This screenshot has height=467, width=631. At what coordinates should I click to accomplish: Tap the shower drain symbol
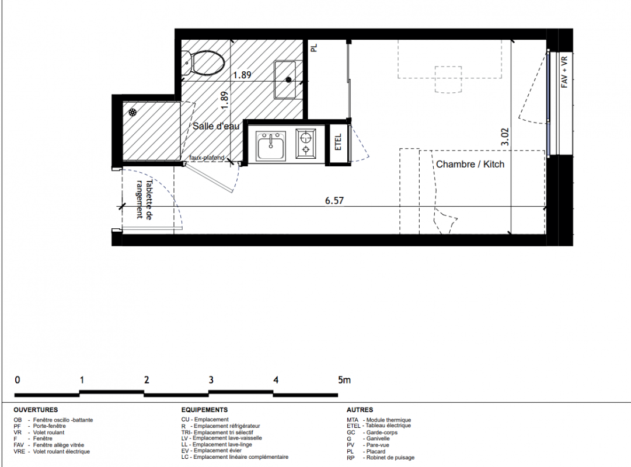(x=133, y=113)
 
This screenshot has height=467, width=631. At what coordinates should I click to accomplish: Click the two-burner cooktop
(x=306, y=142)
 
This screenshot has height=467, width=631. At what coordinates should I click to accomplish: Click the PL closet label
(x=314, y=48)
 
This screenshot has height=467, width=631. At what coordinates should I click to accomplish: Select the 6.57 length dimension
(x=334, y=200)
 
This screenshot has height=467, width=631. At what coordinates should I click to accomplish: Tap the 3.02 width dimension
(x=505, y=137)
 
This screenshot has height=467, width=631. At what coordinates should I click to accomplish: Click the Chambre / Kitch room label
(x=470, y=164)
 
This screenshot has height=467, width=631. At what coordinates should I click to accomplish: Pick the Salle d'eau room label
(x=216, y=126)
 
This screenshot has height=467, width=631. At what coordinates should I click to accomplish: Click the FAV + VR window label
(x=564, y=72)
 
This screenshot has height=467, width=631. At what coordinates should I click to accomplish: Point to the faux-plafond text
(x=207, y=158)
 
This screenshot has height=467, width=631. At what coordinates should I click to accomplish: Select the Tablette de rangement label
(x=144, y=199)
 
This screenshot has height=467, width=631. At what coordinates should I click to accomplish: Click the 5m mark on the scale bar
(x=344, y=379)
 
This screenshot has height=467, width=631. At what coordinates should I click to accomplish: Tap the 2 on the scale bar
(x=147, y=379)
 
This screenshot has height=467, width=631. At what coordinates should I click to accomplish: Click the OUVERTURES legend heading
(x=36, y=410)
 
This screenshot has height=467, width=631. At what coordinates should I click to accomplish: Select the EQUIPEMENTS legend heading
(x=204, y=410)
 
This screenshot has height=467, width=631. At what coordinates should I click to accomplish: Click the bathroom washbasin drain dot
(x=288, y=80)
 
